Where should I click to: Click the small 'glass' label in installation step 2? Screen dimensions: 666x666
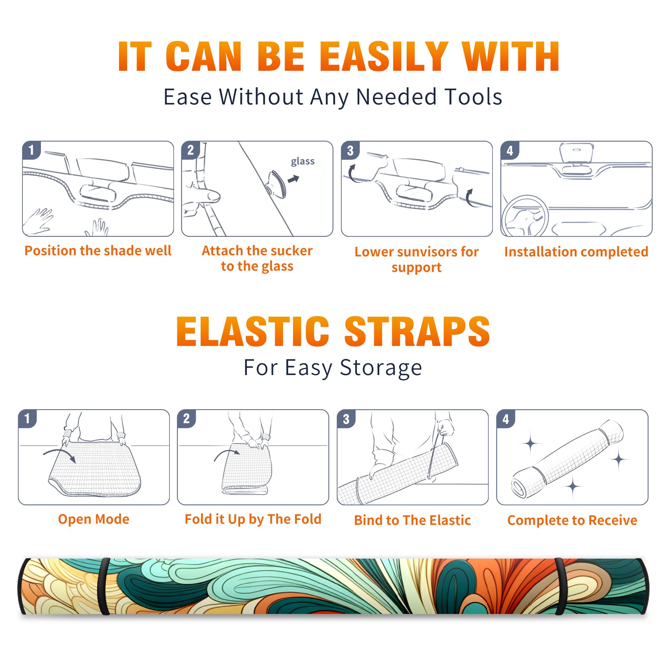303,162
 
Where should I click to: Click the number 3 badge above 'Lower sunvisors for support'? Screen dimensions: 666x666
350,150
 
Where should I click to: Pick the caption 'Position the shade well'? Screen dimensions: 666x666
98,251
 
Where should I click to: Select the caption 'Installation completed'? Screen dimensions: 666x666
576,252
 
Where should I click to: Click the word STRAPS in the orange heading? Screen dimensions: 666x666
417,331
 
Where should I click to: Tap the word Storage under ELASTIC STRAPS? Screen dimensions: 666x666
380,368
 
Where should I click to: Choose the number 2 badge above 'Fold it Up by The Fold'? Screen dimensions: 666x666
186,419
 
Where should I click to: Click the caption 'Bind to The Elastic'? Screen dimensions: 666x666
413,520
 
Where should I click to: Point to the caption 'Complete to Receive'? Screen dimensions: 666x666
572,520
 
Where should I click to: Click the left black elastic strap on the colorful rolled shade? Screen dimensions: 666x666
104,586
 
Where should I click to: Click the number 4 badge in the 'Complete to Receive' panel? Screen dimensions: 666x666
506,419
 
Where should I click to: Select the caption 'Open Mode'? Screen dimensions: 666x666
94,519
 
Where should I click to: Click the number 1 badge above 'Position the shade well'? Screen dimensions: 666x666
31,150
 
